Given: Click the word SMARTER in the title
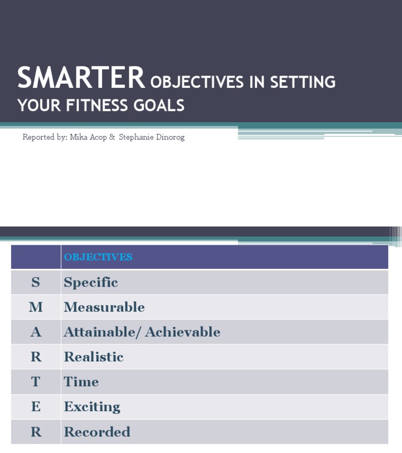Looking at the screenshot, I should [x=81, y=78].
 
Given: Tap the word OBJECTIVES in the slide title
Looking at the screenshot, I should [x=197, y=83].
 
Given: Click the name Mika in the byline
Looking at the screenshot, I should [x=79, y=137].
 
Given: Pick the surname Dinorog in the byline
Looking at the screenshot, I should [x=167, y=137].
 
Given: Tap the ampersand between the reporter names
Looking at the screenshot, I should [x=112, y=137].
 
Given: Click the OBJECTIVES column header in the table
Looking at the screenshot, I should [x=98, y=257].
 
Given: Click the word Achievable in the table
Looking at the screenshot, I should [x=183, y=332].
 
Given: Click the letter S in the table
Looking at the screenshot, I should [x=36, y=282].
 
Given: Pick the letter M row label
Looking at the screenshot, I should [x=36, y=307].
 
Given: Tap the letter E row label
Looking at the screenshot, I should [x=36, y=407].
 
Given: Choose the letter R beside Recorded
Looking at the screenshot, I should [x=36, y=432].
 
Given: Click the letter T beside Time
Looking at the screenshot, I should [x=36, y=382].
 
